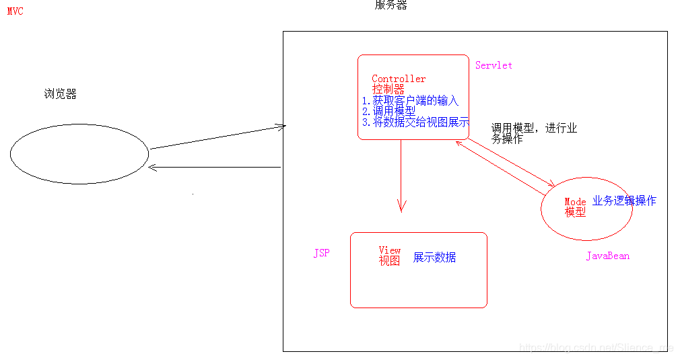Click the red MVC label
click(15, 11)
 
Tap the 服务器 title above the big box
click(390, 5)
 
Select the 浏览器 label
click(61, 94)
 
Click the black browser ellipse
click(79, 153)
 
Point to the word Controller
click(399, 79)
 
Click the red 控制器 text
click(388, 89)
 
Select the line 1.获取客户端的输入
click(410, 101)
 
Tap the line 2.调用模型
click(388, 112)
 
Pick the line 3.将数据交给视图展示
click(415, 122)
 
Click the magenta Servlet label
click(494, 65)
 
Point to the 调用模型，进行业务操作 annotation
click(533, 133)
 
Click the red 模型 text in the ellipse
click(576, 212)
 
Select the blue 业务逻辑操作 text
click(624, 201)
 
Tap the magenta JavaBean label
click(607, 256)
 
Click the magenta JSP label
click(321, 254)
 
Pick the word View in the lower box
click(390, 250)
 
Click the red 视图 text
click(390, 261)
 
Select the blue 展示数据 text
click(434, 258)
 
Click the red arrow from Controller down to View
click(401, 175)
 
